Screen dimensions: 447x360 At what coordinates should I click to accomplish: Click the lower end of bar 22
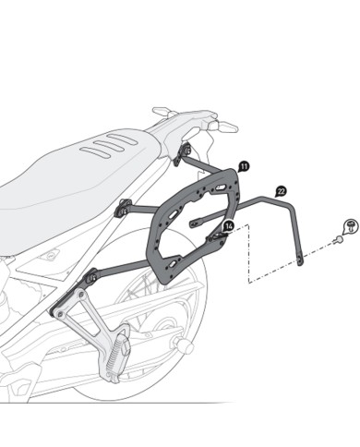(300, 264)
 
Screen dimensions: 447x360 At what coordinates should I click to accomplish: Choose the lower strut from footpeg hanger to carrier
(138, 269)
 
